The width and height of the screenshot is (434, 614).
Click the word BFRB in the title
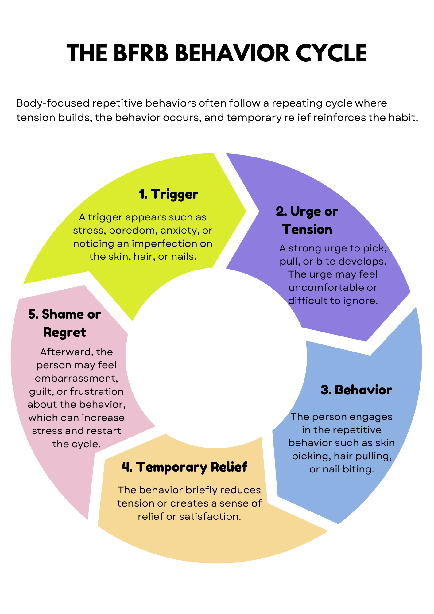click(x=141, y=53)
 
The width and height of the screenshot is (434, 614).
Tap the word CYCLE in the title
click(x=331, y=53)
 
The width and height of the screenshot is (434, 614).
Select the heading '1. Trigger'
click(x=169, y=194)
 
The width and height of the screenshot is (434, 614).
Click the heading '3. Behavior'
click(x=356, y=390)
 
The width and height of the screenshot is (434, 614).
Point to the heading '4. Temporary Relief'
click(x=184, y=467)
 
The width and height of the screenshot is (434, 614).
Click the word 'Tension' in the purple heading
click(x=308, y=230)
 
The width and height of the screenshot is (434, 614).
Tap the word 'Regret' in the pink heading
click(x=65, y=332)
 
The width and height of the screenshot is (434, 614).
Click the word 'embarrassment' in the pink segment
click(x=76, y=378)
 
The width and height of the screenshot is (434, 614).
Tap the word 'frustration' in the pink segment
click(x=97, y=391)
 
